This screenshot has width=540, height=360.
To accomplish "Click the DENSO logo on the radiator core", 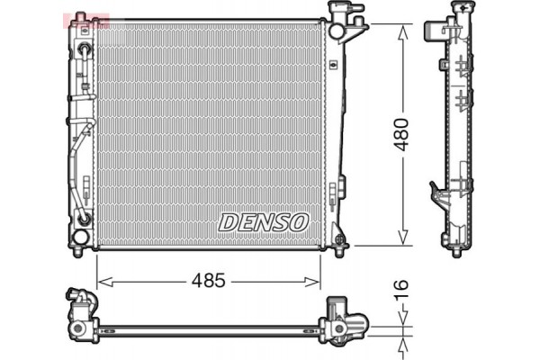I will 264,220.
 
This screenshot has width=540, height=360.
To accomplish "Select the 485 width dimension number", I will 209,282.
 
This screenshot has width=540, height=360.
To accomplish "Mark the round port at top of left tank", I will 84,49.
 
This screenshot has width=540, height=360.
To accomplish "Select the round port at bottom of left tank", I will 81,236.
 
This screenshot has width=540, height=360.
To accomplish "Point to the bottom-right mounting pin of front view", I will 338,241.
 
